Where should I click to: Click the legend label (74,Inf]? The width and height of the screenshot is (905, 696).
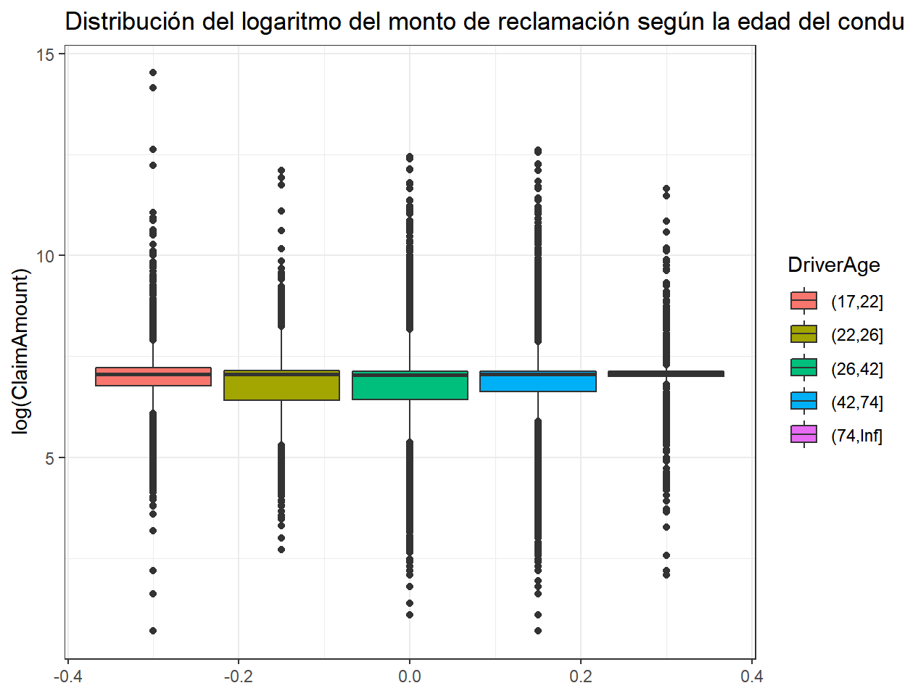[x=856, y=436]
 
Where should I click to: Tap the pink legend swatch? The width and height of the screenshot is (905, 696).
[x=803, y=435]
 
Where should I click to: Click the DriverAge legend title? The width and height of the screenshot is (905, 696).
[x=833, y=265]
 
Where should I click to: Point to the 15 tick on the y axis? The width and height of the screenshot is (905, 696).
[x=46, y=54]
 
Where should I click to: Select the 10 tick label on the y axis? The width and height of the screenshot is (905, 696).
[x=46, y=256]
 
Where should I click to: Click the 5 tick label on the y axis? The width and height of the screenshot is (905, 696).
[x=51, y=458]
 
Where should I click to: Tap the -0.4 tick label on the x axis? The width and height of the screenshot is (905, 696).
[x=67, y=677]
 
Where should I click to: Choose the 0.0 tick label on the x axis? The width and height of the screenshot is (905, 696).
[x=410, y=677]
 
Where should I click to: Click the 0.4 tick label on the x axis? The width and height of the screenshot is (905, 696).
[x=752, y=677]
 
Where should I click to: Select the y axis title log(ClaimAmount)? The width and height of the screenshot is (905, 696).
[x=22, y=352]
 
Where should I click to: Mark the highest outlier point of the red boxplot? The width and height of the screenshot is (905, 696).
[x=153, y=72]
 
